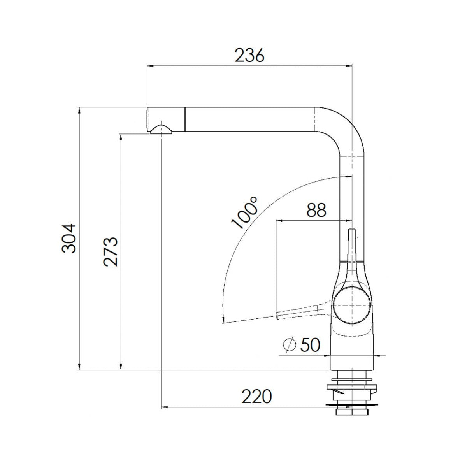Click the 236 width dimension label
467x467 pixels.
point(249,56)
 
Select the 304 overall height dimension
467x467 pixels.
point(69,238)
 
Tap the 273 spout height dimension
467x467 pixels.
point(111,251)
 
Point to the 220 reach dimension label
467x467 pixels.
point(256,397)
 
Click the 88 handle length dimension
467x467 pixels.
point(316,211)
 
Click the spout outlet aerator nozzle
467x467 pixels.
point(160,130)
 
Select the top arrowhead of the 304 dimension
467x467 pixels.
point(79,110)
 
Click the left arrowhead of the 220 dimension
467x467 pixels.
point(164,407)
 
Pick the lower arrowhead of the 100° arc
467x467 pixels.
point(223,320)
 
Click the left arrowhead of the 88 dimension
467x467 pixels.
point(279,221)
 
